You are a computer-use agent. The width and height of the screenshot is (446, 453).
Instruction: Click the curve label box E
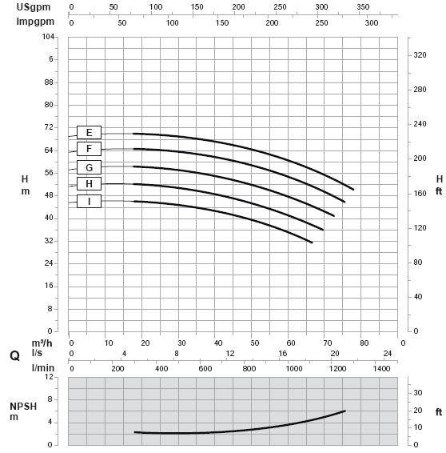click(x=90, y=133)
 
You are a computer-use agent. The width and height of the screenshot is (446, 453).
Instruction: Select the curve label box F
click(x=90, y=149)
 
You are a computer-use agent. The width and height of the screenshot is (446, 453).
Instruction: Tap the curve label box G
click(x=90, y=167)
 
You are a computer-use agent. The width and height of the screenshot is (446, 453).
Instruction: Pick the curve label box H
click(x=90, y=184)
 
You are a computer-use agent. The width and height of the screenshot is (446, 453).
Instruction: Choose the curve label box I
click(x=90, y=201)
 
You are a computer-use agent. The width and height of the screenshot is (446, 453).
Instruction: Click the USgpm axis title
click(x=34, y=7)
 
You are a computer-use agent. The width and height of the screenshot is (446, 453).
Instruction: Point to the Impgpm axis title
click(x=35, y=22)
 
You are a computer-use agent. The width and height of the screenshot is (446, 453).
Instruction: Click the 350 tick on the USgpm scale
click(x=363, y=7)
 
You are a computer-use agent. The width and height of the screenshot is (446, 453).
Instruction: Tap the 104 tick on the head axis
click(x=48, y=36)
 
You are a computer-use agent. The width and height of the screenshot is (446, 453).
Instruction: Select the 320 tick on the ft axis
click(x=420, y=55)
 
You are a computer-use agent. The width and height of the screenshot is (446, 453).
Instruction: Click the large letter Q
click(x=14, y=356)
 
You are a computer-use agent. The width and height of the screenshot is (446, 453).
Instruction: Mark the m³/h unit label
click(x=42, y=343)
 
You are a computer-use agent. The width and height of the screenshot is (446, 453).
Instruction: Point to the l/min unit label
click(x=43, y=368)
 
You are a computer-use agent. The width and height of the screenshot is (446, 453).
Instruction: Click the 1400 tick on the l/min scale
click(x=382, y=369)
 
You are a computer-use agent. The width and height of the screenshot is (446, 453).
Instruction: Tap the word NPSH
click(x=23, y=407)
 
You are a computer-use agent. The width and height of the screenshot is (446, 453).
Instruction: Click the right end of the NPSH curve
click(x=345, y=411)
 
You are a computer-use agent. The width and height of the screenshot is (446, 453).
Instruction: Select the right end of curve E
click(x=353, y=190)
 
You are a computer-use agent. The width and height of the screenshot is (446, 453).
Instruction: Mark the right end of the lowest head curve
click(x=313, y=243)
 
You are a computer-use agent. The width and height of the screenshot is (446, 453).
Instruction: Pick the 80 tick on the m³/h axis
click(x=364, y=343)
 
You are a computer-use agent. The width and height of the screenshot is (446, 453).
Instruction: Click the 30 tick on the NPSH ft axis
click(x=418, y=393)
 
